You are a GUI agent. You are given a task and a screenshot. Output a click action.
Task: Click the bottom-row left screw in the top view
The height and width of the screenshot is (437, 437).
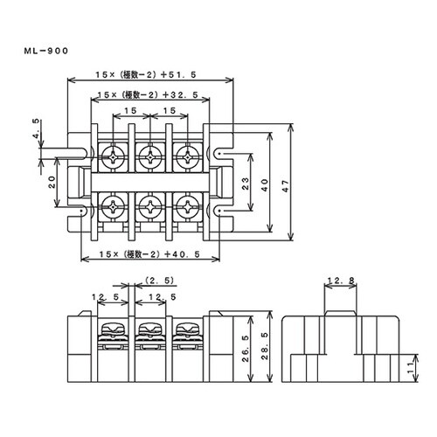coord(114,208)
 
